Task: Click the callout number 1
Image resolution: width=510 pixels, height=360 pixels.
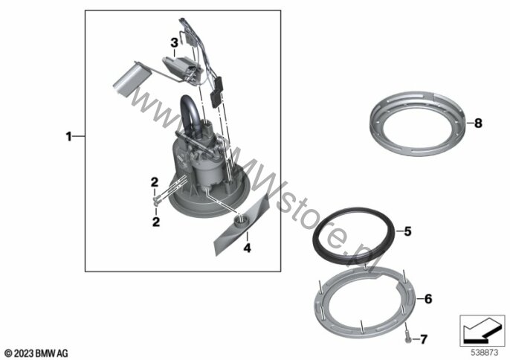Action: (68, 137)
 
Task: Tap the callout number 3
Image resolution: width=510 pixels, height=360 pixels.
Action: (174, 42)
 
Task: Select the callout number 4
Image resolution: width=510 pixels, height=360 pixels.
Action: (248, 248)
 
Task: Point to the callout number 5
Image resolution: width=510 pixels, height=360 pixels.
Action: (407, 231)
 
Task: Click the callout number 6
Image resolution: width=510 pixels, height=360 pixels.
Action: (428, 298)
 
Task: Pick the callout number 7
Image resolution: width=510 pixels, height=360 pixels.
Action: (424, 339)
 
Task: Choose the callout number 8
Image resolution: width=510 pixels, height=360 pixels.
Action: (478, 123)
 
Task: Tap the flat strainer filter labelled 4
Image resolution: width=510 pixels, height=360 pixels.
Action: (242, 224)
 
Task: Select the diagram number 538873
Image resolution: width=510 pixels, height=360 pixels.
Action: (485, 353)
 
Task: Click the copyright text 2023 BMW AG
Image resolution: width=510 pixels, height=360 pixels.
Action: (36, 353)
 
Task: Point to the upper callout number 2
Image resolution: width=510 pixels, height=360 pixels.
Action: (155, 183)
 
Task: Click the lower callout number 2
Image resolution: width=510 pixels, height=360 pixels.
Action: (156, 222)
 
